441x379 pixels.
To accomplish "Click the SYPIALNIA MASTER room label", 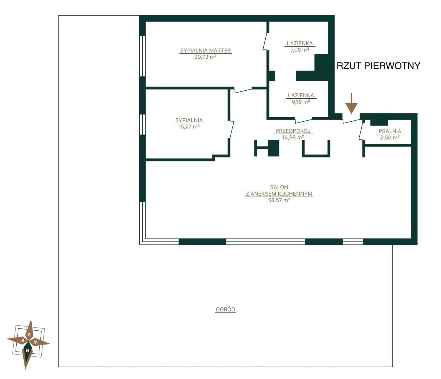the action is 205,51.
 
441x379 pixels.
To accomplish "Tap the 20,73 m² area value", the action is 205,57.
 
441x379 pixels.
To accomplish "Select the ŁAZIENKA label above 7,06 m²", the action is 300,43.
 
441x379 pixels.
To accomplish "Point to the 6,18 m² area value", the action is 301,102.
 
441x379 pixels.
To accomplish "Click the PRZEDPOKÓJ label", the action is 293,131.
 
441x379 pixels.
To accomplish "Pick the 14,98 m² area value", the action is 293,137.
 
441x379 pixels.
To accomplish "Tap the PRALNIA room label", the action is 390,131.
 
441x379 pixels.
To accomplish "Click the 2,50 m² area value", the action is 390,138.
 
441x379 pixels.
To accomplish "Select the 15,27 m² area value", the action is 189,127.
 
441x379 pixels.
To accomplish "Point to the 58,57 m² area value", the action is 279,200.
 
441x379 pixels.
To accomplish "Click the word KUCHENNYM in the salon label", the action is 295,194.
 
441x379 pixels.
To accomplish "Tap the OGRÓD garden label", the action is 225,309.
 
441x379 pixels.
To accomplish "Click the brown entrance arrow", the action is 351,103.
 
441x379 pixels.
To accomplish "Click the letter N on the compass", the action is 27,351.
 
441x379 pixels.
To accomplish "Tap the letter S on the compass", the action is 29,335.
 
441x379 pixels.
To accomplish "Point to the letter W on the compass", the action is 36,342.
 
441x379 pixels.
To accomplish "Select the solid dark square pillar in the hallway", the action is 273,148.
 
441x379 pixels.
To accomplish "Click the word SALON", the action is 279,187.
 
